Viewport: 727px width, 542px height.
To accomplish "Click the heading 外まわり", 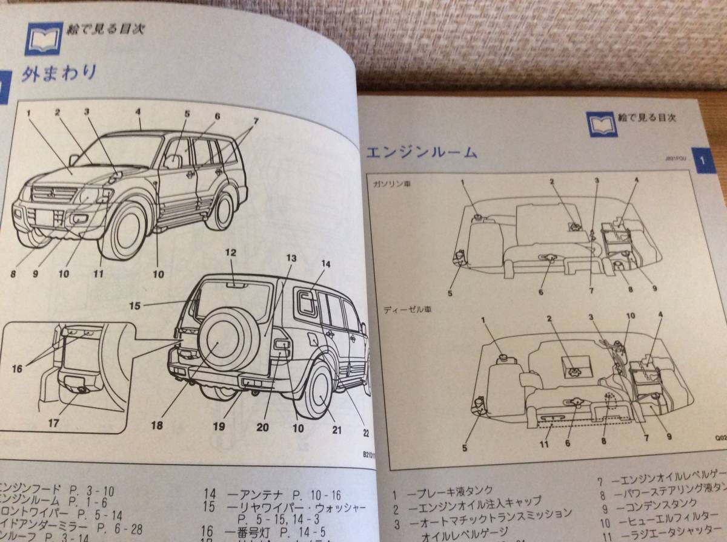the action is point(59,73).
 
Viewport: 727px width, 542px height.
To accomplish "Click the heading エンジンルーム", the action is point(422,152).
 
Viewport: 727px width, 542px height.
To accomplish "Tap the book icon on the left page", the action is point(44,38).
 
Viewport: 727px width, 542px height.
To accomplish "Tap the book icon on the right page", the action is point(602,123).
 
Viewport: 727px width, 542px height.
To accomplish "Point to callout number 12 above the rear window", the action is point(230,253).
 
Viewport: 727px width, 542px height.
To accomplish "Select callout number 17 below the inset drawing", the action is point(53,423).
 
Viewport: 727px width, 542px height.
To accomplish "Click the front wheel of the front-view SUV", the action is point(125,232).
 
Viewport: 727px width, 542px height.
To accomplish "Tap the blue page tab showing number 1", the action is point(702,162).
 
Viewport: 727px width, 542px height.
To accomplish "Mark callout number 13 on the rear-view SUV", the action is point(291,258).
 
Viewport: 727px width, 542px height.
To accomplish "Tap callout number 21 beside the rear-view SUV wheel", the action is point(336,431).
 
